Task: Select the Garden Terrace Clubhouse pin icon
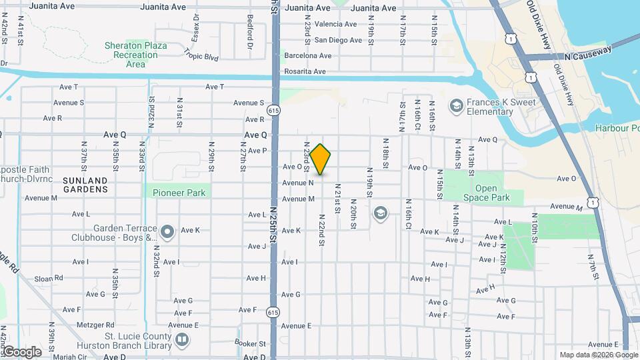(167, 232)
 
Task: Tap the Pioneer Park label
(177, 192)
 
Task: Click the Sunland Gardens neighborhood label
(85, 185)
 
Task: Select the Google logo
(21, 351)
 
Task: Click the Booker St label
(253, 344)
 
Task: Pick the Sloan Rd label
(49, 277)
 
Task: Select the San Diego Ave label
(338, 40)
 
